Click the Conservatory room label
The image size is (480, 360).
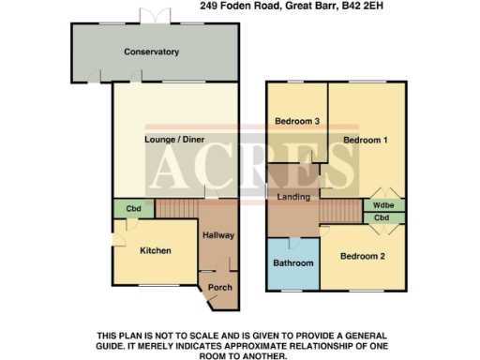[151, 52]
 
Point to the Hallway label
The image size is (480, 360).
[218, 235]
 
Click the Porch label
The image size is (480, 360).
[219, 287]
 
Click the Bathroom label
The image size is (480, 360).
[293, 263]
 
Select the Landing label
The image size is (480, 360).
[295, 196]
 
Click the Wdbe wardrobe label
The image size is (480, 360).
[382, 205]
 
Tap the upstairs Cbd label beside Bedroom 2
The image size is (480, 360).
[382, 218]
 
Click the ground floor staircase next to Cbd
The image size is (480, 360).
[177, 208]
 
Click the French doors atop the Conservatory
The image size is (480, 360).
[151, 19]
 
